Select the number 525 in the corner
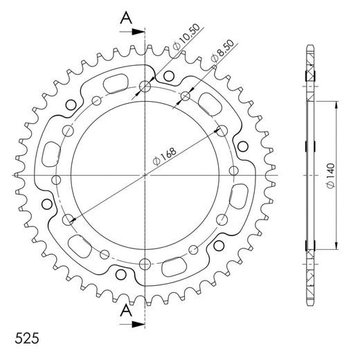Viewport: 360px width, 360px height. tap(26, 341)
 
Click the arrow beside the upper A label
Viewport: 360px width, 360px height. tap(137, 31)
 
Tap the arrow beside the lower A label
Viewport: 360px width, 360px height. tap(137, 323)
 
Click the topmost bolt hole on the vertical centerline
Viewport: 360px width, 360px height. tap(145, 87)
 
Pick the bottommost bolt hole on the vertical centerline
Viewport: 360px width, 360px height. tap(145, 263)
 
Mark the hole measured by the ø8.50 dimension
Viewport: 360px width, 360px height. tap(185, 96)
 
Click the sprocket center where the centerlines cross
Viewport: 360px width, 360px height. tap(145, 175)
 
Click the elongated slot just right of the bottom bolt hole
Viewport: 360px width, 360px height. tap(176, 264)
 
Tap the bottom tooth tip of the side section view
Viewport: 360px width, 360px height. tap(309, 303)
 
